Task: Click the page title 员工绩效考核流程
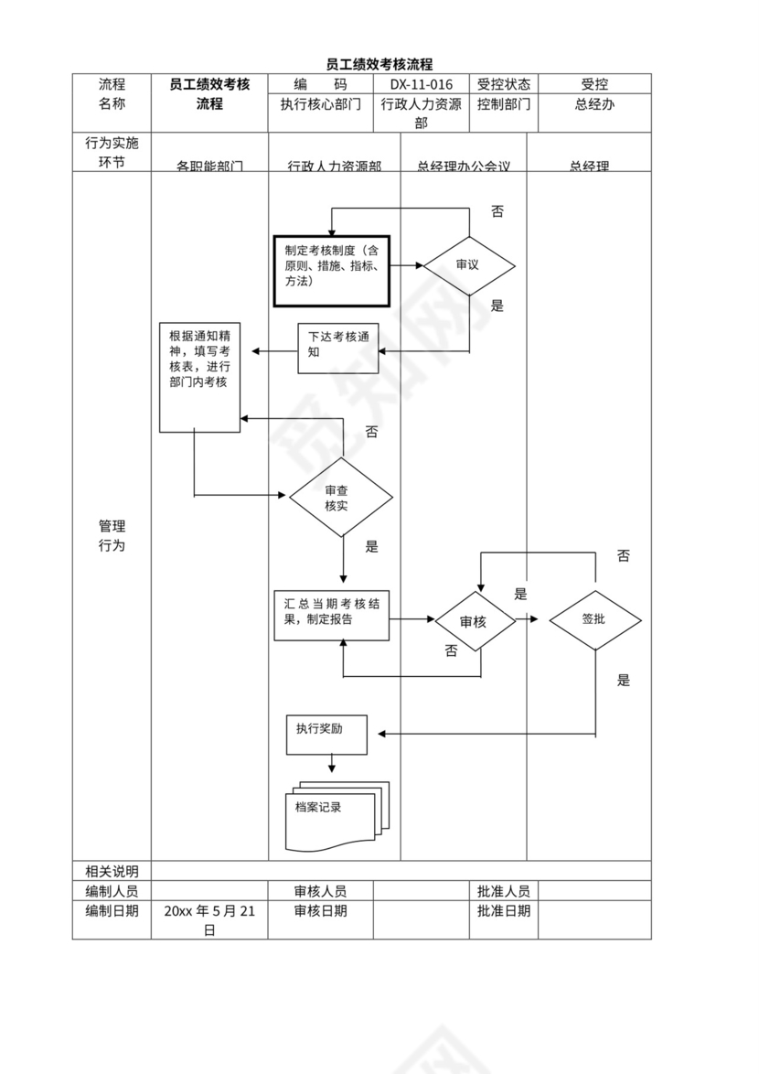click(x=379, y=64)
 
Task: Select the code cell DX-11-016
click(x=421, y=84)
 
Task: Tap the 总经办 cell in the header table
click(x=594, y=104)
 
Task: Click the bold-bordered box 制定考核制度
click(x=333, y=270)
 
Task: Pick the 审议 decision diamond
click(x=468, y=265)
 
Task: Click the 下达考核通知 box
click(x=337, y=349)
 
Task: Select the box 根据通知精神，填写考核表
click(x=199, y=376)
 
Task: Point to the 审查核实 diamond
click(x=341, y=498)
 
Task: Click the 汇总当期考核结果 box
click(x=332, y=615)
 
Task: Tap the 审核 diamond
click(x=474, y=622)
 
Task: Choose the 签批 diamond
click(x=594, y=619)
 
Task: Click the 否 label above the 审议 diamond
click(x=497, y=212)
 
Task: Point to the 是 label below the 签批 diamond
click(x=624, y=681)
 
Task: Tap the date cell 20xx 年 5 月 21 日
click(x=209, y=919)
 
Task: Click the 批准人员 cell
click(x=503, y=891)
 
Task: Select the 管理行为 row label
click(x=112, y=536)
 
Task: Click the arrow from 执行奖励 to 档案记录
click(x=332, y=762)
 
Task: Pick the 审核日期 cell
click(x=320, y=911)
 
